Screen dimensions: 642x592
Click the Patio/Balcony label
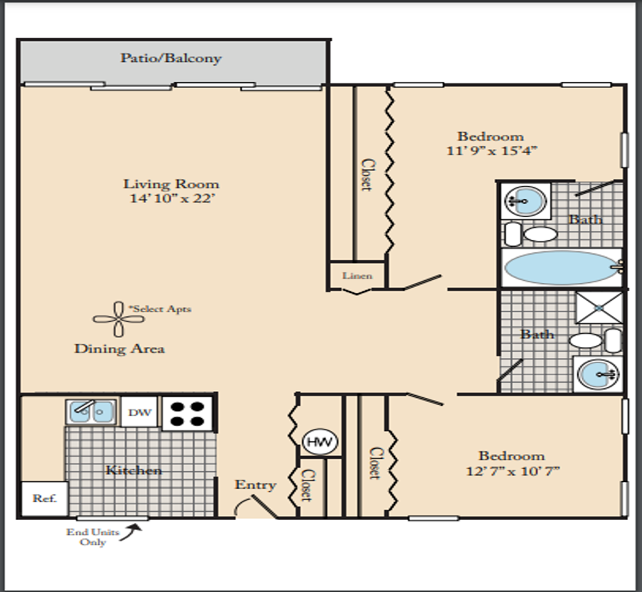[171, 59]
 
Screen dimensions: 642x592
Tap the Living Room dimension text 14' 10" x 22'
[172, 198]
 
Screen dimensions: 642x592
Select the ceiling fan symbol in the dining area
[119, 319]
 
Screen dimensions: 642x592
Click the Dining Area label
[120, 349]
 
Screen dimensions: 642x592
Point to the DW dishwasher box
[139, 412]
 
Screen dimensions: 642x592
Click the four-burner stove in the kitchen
[187, 413]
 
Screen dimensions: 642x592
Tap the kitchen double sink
[91, 412]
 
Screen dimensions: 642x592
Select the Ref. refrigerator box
[44, 498]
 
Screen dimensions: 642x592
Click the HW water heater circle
[320, 442]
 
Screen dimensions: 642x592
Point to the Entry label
[255, 485]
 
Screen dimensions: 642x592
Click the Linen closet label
[357, 276]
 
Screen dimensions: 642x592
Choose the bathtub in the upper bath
[562, 267]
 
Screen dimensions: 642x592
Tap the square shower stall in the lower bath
[599, 307]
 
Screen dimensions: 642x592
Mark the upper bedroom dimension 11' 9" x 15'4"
[491, 151]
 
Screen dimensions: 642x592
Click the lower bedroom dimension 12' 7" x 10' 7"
[513, 471]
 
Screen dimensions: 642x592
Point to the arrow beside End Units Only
[131, 532]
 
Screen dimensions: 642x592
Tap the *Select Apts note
[160, 309]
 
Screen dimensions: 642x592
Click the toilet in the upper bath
[531, 234]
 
